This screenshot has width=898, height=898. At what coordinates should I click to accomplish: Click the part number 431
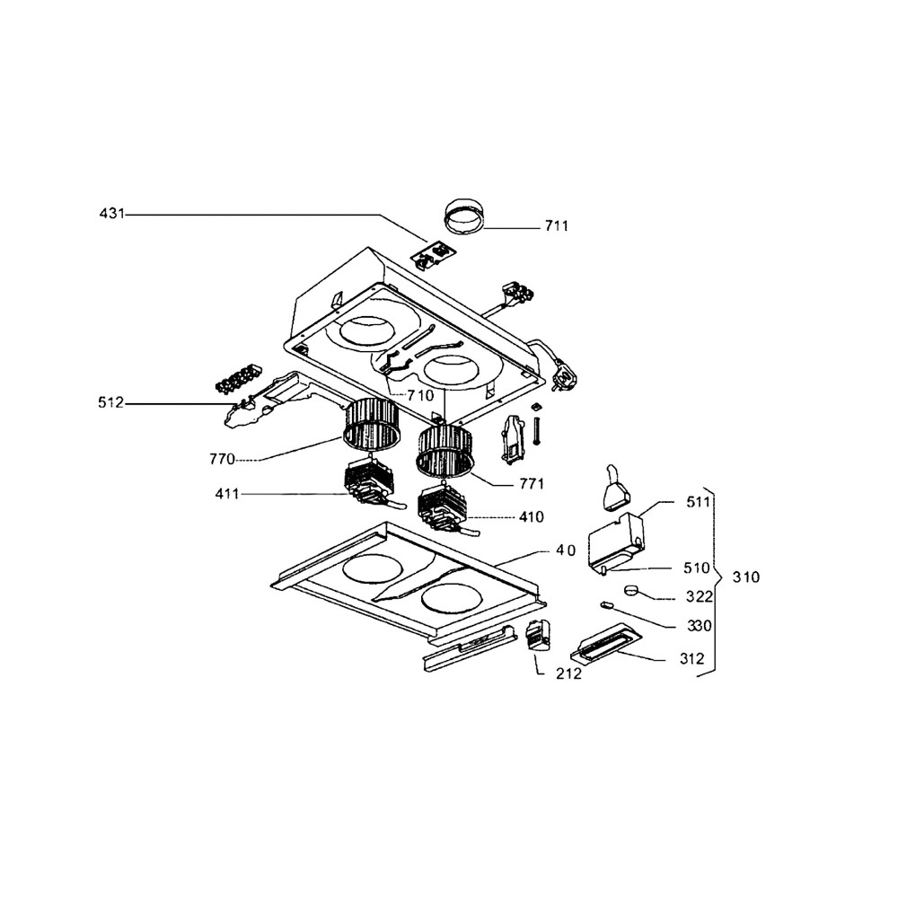(112, 214)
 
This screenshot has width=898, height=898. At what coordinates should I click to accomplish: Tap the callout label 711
(556, 226)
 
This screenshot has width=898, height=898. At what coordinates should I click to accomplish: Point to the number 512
(110, 403)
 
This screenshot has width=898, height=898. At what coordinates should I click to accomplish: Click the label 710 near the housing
(420, 395)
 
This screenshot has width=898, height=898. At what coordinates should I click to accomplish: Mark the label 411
(228, 494)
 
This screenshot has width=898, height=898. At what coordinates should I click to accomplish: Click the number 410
(532, 518)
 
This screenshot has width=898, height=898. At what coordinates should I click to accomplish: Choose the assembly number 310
(745, 577)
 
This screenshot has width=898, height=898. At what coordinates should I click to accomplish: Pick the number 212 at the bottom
(568, 673)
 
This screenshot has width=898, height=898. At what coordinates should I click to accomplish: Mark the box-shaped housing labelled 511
(618, 538)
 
